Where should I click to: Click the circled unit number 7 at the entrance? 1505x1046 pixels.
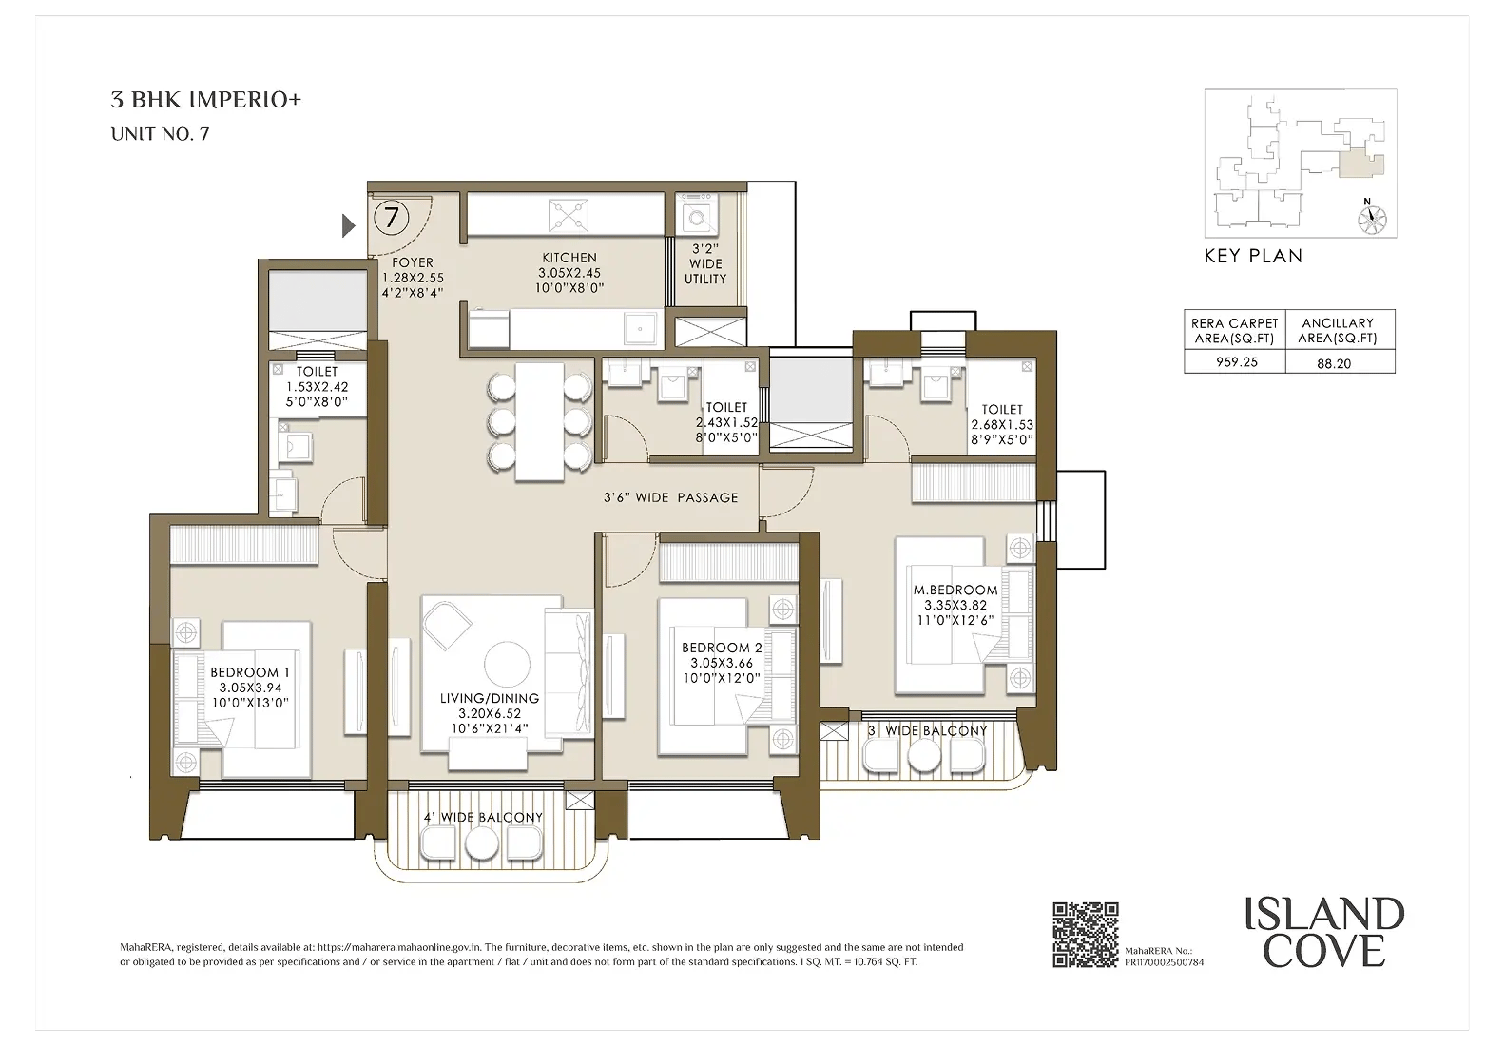point(391,218)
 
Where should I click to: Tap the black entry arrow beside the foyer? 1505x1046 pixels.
point(348,225)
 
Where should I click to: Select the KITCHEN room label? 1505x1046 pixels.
point(569,258)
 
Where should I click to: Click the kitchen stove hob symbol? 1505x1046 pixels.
point(569,215)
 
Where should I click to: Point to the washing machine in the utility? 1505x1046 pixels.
point(697,217)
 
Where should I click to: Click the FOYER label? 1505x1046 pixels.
point(413,262)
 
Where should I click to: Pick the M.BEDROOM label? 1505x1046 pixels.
point(955,590)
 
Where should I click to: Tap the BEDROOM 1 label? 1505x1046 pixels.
point(250,671)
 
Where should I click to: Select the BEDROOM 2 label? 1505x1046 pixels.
point(722,648)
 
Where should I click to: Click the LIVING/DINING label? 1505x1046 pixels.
point(489,698)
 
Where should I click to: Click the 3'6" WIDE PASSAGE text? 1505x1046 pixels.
point(670,498)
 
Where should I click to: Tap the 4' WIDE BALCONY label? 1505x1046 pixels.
point(482,817)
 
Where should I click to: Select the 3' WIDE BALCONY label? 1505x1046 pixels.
point(927,730)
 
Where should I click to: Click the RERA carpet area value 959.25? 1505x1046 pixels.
point(1236,361)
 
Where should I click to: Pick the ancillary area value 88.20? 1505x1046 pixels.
point(1334,363)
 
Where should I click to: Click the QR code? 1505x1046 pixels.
point(1085,935)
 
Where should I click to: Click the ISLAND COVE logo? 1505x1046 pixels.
point(1324,933)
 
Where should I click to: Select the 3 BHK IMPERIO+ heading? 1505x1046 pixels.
point(205,100)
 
